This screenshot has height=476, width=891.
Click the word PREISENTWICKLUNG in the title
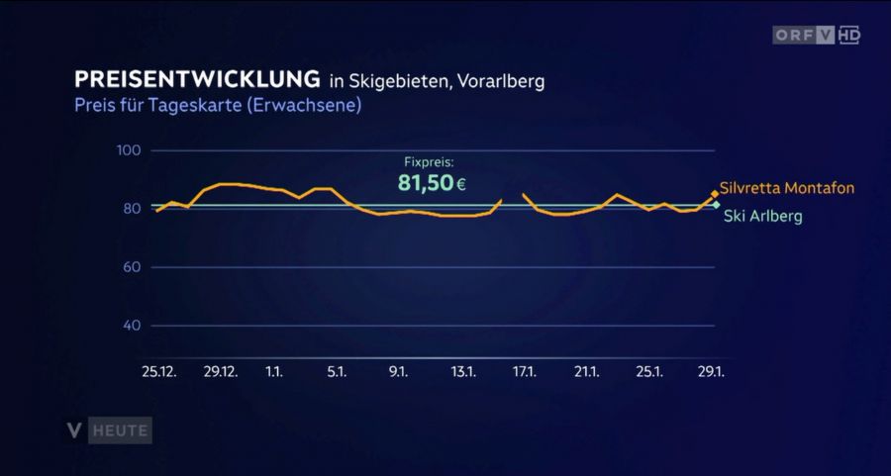(198, 79)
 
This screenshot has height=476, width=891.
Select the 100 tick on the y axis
(131, 150)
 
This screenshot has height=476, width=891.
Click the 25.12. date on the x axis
(159, 372)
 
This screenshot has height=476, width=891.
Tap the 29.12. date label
(221, 372)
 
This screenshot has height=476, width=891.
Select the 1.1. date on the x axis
(274, 372)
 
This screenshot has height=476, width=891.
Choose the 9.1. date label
(399, 372)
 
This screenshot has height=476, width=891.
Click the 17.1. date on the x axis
(525, 372)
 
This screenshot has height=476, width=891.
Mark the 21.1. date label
(587, 372)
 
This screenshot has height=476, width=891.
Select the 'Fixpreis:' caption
(429, 161)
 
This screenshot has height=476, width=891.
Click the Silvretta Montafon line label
(787, 188)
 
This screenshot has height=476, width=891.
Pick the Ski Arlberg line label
(763, 216)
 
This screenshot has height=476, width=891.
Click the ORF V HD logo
(817, 36)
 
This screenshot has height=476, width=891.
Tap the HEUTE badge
(121, 430)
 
